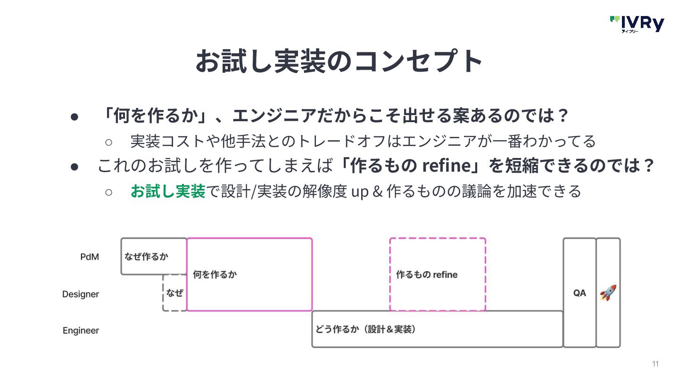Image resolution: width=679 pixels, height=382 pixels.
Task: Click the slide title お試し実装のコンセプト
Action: click(339, 60)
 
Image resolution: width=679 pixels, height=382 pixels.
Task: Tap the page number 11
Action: click(655, 364)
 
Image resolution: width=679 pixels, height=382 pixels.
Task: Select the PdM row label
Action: click(89, 257)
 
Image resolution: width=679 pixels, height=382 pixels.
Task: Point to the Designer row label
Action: click(81, 294)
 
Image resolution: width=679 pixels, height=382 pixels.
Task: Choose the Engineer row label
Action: click(81, 331)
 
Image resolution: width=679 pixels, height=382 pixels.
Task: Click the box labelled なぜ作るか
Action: click(147, 257)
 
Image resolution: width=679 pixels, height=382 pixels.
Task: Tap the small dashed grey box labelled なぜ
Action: click(174, 293)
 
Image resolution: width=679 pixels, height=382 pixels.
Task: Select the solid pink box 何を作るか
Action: click(249, 274)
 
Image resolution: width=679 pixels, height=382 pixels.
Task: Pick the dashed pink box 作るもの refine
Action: click(438, 274)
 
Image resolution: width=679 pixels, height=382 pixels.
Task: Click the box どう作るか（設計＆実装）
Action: click(437, 329)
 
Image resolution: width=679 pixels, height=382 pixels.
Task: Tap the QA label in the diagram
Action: click(580, 293)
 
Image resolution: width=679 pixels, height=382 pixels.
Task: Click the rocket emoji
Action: click(608, 293)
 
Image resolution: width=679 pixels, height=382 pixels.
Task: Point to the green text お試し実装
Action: click(168, 191)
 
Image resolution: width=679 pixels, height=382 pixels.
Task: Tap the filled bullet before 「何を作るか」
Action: click(74, 116)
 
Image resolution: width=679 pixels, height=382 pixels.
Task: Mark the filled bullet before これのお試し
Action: click(74, 166)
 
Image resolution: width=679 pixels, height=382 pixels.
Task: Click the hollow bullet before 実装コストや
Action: click(108, 141)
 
